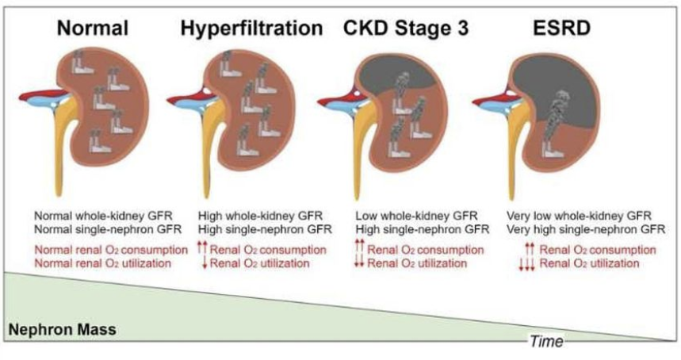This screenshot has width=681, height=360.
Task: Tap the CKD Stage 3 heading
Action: pyautogui.click(x=407, y=29)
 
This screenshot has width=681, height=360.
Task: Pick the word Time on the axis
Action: pyautogui.click(x=546, y=341)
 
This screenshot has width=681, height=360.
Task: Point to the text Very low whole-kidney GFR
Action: pyautogui.click(x=578, y=215)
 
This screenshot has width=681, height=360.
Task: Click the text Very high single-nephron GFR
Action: pyautogui.click(x=585, y=229)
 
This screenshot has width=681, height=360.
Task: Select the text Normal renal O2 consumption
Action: pyautogui.click(x=110, y=249)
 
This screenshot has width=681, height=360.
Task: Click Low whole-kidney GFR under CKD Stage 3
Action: pyautogui.click(x=413, y=215)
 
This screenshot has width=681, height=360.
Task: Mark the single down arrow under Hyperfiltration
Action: pyautogui.click(x=205, y=264)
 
